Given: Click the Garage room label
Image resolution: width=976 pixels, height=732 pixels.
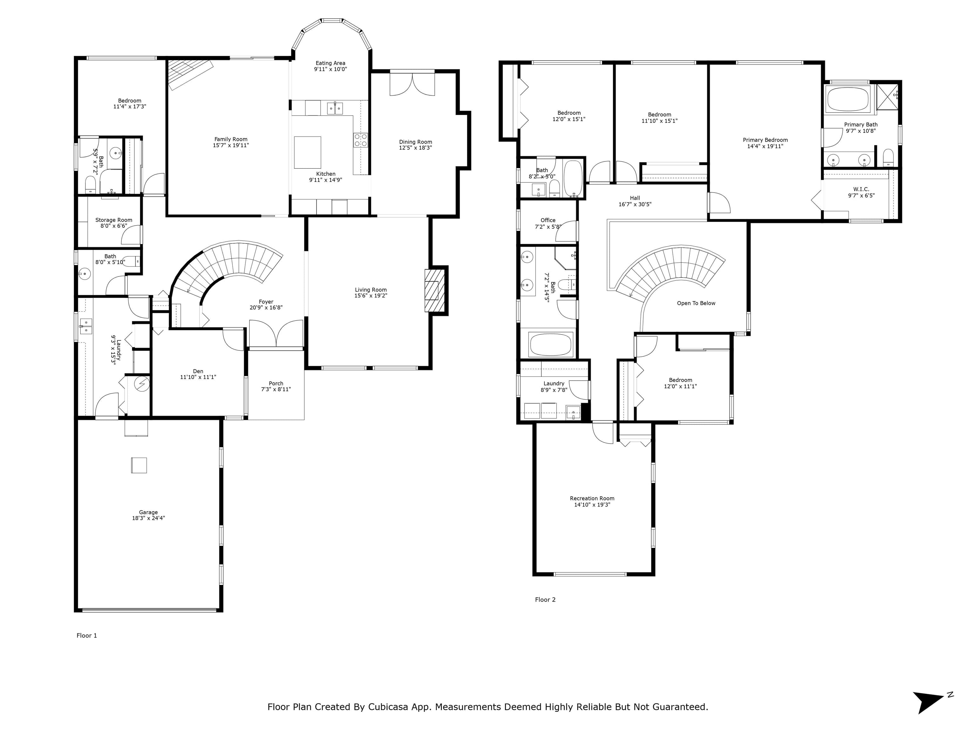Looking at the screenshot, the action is click(148, 512).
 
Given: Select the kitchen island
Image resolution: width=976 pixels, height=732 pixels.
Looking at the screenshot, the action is click(308, 152).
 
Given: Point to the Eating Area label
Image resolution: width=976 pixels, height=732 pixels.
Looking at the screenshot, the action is click(330, 63).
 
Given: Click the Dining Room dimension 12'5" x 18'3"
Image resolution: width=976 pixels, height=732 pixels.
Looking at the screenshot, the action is click(415, 148).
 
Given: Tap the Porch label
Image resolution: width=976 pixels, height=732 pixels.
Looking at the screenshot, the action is click(276, 383).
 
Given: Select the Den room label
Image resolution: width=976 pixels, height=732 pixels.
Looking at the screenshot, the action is click(198, 371).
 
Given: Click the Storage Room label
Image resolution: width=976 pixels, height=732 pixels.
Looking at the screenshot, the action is click(114, 220).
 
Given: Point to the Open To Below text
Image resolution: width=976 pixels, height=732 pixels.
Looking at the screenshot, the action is click(696, 303).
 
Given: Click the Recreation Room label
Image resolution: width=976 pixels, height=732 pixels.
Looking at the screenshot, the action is click(592, 498).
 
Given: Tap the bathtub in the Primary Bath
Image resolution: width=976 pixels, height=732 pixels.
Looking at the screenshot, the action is click(848, 99).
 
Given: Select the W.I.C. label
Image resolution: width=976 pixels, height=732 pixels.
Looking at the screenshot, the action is click(861, 189).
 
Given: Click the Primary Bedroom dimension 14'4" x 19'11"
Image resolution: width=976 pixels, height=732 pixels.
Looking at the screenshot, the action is click(765, 146).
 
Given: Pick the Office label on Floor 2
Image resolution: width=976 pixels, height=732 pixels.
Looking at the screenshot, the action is click(548, 220).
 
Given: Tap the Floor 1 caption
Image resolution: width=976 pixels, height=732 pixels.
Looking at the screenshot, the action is click(87, 635).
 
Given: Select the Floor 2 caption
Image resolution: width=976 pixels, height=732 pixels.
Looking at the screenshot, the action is click(546, 600).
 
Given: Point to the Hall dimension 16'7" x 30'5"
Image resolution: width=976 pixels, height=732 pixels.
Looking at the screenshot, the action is click(635, 204).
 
